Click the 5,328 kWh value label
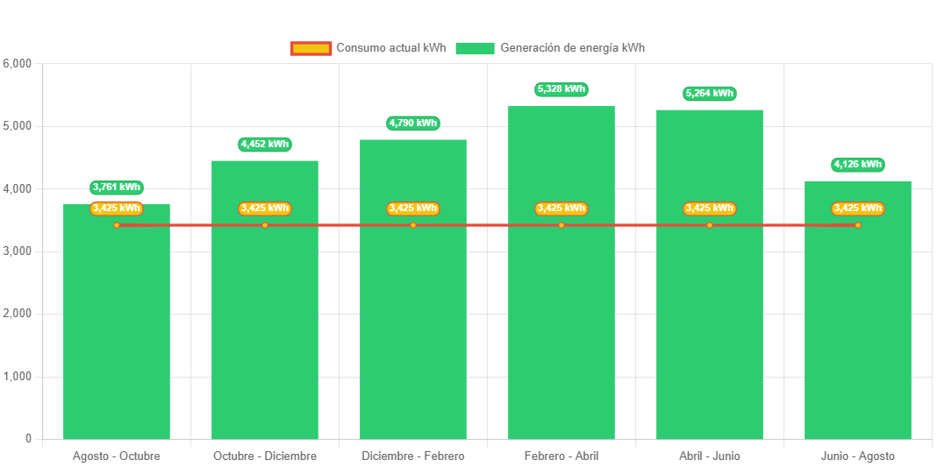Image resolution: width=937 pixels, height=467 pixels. point(561,89)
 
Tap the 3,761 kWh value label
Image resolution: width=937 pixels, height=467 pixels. point(116,188)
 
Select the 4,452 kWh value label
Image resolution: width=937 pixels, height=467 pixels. point(264,144)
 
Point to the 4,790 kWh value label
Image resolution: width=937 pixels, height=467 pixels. point(412,124)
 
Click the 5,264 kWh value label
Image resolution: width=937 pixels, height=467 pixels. point(710,93)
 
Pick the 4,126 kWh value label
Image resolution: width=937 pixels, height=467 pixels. point(858,165)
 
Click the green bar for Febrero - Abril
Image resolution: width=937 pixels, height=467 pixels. point(561,333)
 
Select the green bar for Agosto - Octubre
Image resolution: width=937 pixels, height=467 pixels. point(116,350)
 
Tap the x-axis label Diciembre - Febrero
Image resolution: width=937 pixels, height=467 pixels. point(412,456)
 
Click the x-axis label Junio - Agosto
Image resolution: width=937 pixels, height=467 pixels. point(858,456)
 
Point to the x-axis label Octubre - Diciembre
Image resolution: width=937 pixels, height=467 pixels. point(264,456)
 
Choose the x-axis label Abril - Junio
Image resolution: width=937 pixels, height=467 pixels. point(710,456)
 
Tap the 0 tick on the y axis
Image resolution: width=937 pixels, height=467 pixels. point(28,439)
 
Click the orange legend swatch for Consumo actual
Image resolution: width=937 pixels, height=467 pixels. point(311,48)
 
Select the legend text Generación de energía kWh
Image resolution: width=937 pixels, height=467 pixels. point(572,48)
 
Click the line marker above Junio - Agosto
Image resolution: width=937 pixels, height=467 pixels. point(858,225)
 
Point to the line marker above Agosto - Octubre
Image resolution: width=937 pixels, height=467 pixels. point(117,225)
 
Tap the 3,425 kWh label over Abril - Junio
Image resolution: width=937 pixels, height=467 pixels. point(710,209)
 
